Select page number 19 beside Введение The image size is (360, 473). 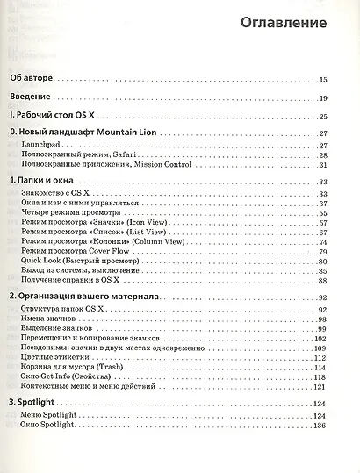pos(323,97)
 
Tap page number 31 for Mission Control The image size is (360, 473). pos(323,165)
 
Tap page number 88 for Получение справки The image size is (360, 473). pos(323,283)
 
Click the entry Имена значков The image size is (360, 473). pos(56,320)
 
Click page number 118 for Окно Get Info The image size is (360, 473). pos(321,377)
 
